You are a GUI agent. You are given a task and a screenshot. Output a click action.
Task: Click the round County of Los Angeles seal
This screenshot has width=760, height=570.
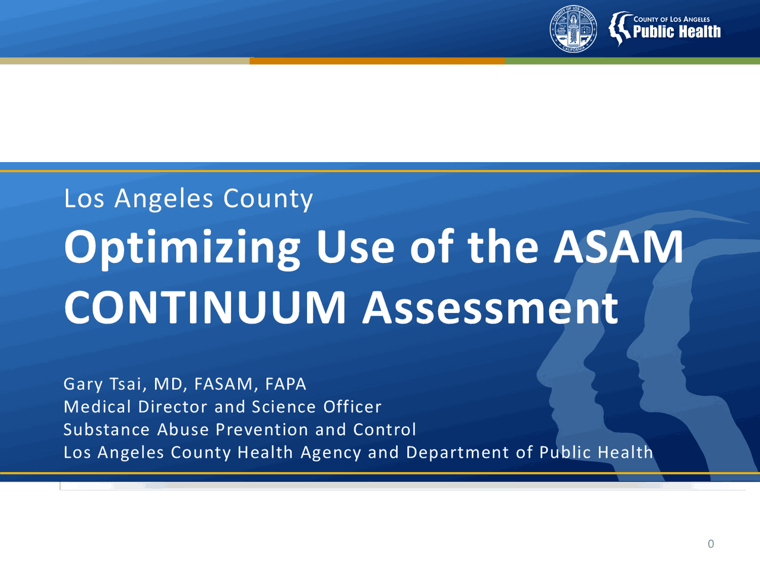click(573, 28)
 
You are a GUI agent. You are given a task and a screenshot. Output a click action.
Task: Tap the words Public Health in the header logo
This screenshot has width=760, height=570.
click(677, 32)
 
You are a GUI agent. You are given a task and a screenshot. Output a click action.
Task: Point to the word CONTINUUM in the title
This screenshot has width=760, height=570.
click(205, 308)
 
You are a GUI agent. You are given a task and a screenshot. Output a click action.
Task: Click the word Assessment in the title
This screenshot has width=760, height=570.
click(490, 308)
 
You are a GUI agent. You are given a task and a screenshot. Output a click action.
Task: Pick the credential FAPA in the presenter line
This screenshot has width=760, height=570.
click(286, 384)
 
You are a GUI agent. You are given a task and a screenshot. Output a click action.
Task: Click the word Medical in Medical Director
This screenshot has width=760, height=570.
click(97, 407)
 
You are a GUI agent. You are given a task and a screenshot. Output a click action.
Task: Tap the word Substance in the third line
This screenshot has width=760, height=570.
click(106, 429)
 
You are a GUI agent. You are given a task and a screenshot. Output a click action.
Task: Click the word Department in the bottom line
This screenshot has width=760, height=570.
click(457, 452)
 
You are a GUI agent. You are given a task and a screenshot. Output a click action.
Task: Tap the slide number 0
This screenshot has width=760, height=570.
click(711, 544)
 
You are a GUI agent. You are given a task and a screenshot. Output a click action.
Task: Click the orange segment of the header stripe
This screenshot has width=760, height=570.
click(377, 61)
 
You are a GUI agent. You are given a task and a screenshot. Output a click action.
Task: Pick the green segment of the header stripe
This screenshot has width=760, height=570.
click(632, 61)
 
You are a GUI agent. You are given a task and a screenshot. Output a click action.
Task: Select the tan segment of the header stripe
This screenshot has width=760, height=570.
click(125, 61)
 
